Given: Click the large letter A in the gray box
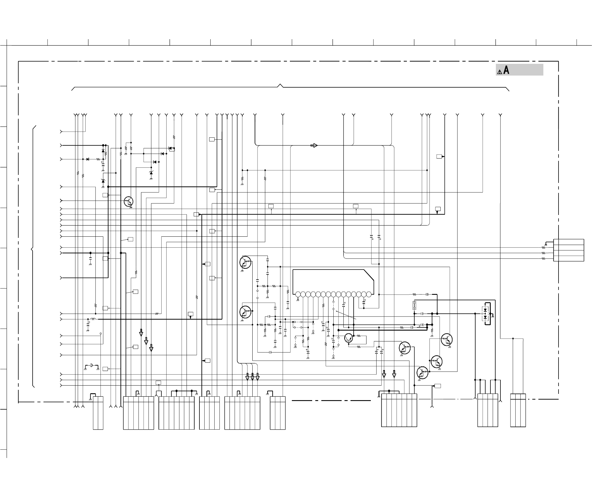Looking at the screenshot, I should tap(506, 70).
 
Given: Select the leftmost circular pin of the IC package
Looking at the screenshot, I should tap(298, 294).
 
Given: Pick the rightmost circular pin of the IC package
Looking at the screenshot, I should tap(369, 294).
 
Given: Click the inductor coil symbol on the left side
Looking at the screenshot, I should tap(92, 319).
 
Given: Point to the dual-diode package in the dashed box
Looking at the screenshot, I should tap(485, 313).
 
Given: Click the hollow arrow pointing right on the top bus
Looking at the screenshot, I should tap(314, 145).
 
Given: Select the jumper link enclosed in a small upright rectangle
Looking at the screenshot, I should tap(414, 305).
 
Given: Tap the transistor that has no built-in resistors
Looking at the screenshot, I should tap(348, 338).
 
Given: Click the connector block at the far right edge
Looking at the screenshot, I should tap(569, 250).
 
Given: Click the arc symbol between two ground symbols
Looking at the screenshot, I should tap(91, 365).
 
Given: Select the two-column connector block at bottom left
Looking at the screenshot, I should tap(98, 413).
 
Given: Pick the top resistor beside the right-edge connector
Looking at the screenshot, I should tap(543, 248).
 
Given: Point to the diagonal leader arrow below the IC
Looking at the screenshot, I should tap(346, 315).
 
